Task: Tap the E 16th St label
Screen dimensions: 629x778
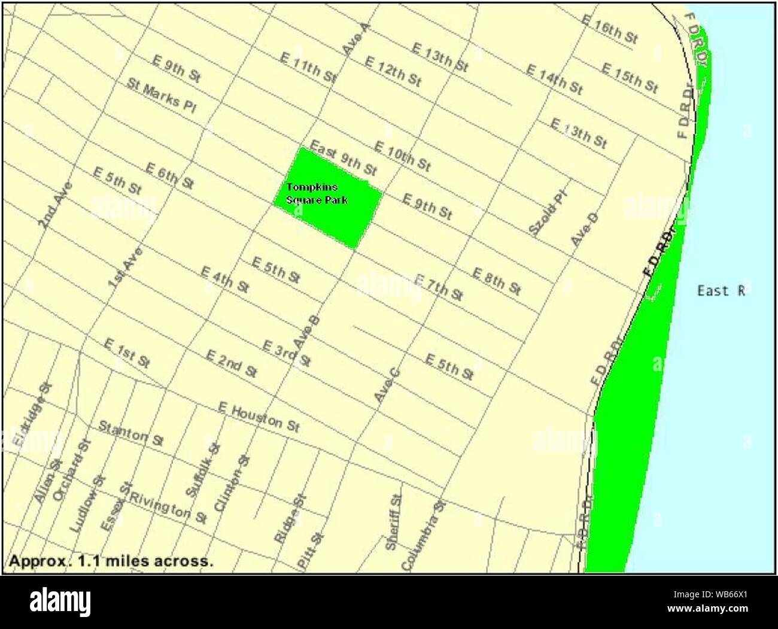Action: [x=609, y=29]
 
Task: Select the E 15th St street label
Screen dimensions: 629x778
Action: [x=629, y=78]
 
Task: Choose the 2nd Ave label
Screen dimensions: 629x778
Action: [x=55, y=205]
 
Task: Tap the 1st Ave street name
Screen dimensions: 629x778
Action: [x=125, y=267]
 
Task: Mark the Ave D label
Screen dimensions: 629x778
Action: [x=584, y=229]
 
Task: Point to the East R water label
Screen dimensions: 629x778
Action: [x=721, y=291]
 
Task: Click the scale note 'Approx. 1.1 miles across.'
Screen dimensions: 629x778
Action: [x=111, y=561]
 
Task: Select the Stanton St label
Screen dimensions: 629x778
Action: [x=130, y=434]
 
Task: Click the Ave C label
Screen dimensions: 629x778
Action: [x=387, y=385]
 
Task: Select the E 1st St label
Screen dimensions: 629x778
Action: [x=127, y=353]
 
